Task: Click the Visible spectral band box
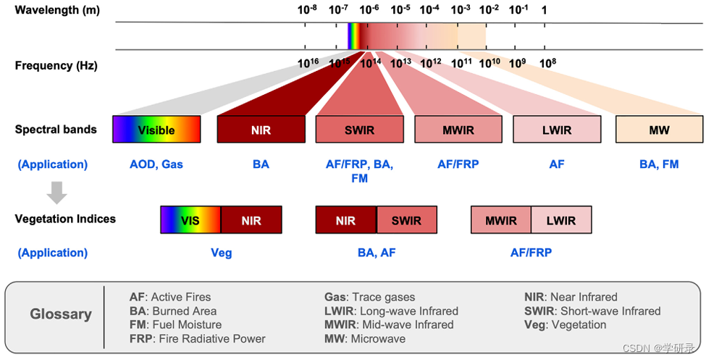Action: coord(156,129)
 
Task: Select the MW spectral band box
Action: coord(659,129)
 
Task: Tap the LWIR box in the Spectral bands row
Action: coord(556,129)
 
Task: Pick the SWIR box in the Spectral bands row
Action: coord(359,129)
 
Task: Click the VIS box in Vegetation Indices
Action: coord(190,219)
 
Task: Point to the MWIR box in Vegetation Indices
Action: coord(501,219)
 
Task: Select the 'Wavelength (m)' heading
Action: coord(57,10)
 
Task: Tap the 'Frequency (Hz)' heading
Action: coord(56,65)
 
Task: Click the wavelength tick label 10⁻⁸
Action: coord(308,10)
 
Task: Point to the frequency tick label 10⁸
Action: coord(548,62)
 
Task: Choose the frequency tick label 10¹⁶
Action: coord(308,62)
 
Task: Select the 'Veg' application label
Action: coord(221,253)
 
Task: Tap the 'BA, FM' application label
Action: coord(659,164)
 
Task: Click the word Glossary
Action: coord(61,314)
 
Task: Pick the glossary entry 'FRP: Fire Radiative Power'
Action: coord(197,338)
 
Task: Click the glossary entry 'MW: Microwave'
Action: coord(365,338)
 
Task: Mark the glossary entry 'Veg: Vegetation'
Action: coord(565,325)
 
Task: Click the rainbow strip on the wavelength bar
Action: coord(353,35)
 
